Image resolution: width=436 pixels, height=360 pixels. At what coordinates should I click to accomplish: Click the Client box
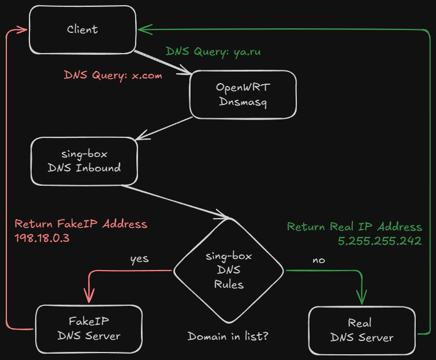83,29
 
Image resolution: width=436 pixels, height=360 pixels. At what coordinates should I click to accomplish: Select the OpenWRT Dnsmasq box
243,95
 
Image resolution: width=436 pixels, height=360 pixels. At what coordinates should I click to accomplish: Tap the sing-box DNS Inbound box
85,161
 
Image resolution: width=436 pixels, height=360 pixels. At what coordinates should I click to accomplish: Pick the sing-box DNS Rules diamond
229,269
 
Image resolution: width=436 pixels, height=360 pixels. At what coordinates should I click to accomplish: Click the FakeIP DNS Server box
89,329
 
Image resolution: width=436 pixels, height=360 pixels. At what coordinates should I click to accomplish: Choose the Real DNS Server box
362,330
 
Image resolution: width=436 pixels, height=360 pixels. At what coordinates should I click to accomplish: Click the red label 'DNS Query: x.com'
113,75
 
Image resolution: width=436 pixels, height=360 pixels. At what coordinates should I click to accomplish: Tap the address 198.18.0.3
42,238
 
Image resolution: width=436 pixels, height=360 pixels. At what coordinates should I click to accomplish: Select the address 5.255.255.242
379,241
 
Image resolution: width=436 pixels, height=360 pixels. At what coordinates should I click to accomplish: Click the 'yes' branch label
139,258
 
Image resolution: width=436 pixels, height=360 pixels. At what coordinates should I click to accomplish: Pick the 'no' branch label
318,260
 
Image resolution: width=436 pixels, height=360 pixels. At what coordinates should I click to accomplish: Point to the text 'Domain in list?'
229,336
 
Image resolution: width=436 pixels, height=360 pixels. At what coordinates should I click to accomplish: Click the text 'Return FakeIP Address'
81,224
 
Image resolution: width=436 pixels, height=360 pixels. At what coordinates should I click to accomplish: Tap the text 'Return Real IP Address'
355,227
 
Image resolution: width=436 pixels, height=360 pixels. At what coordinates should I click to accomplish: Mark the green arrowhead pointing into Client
142,28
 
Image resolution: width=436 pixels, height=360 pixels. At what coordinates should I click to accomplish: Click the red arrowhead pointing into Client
22,29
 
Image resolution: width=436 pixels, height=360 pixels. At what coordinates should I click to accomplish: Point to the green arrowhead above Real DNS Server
362,298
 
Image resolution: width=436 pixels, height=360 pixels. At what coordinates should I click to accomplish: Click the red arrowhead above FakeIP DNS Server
89,297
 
